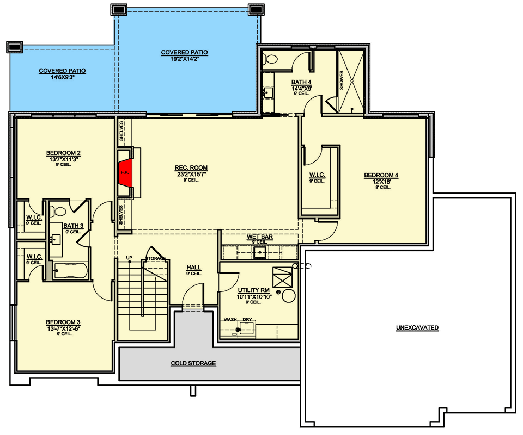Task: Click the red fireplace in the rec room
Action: pos(125,173)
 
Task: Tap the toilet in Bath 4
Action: pos(270,60)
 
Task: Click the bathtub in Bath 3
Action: pos(70,271)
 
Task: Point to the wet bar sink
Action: pos(259,252)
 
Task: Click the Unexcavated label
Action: pos(417,327)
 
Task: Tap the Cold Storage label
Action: pos(193,363)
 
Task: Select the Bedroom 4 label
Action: pos(381,175)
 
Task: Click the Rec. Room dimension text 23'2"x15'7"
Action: pos(191,174)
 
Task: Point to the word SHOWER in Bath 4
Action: pos(342,80)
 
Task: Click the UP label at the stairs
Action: pos(129,258)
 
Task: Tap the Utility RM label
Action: pos(253,290)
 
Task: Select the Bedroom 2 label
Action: pos(63,153)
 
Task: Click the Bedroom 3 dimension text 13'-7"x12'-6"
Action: pos(63,328)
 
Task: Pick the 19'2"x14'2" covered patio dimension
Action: pos(185,58)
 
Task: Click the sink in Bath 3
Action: pos(56,239)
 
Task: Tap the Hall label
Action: pos(194,268)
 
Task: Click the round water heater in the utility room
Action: pos(288,296)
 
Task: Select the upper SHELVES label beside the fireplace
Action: pos(121,131)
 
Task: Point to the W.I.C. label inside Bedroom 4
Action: pos(317,175)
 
